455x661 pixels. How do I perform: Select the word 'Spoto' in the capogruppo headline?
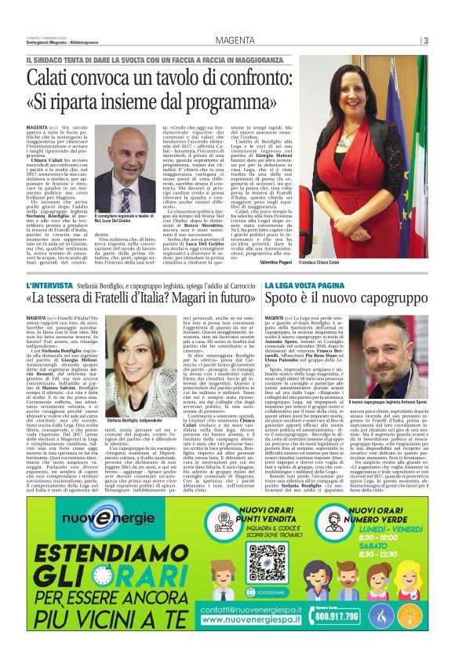click(x=306, y=301)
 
